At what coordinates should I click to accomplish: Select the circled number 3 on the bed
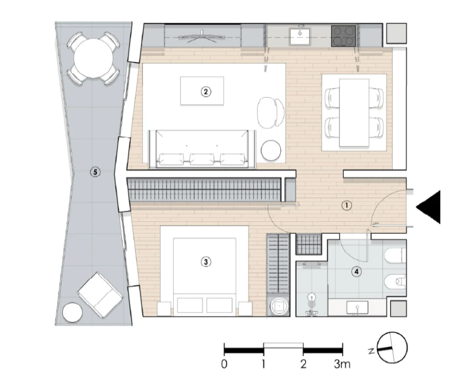(x=205, y=261)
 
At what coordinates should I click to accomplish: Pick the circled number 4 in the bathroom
(x=357, y=271)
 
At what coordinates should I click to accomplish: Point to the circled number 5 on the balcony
(x=95, y=172)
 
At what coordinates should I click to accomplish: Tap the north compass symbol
(x=392, y=348)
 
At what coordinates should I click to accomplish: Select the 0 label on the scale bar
(x=225, y=364)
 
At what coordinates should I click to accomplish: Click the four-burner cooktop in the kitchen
(x=344, y=36)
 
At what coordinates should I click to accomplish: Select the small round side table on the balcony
(x=73, y=312)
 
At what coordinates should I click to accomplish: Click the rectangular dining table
(x=353, y=112)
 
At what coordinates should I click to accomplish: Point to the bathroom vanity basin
(x=357, y=307)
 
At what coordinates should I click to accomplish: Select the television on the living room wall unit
(x=201, y=37)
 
